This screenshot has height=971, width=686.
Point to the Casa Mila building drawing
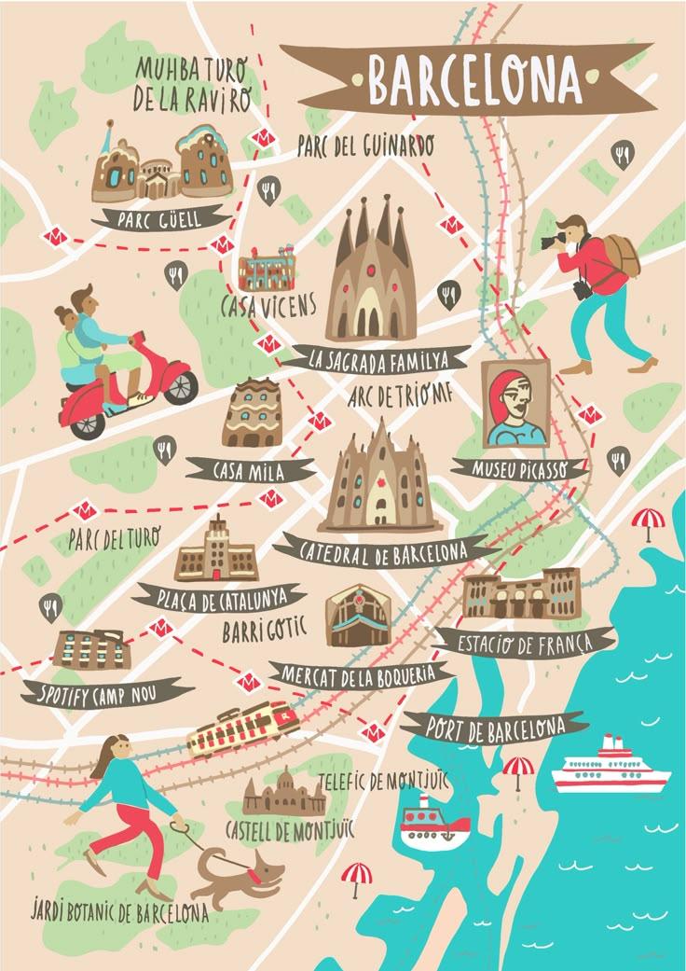(252, 413)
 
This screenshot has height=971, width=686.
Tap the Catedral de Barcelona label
(384, 551)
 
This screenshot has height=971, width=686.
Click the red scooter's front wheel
(178, 384)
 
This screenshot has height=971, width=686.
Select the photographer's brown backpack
(617, 253)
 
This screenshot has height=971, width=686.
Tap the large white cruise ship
(611, 768)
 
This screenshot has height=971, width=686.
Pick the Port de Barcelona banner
(495, 726)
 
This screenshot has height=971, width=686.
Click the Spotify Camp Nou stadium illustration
(90, 649)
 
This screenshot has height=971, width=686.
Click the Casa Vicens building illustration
(268, 269)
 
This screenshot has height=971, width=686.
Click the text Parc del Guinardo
(365, 146)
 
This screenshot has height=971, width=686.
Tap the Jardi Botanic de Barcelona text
(119, 910)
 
